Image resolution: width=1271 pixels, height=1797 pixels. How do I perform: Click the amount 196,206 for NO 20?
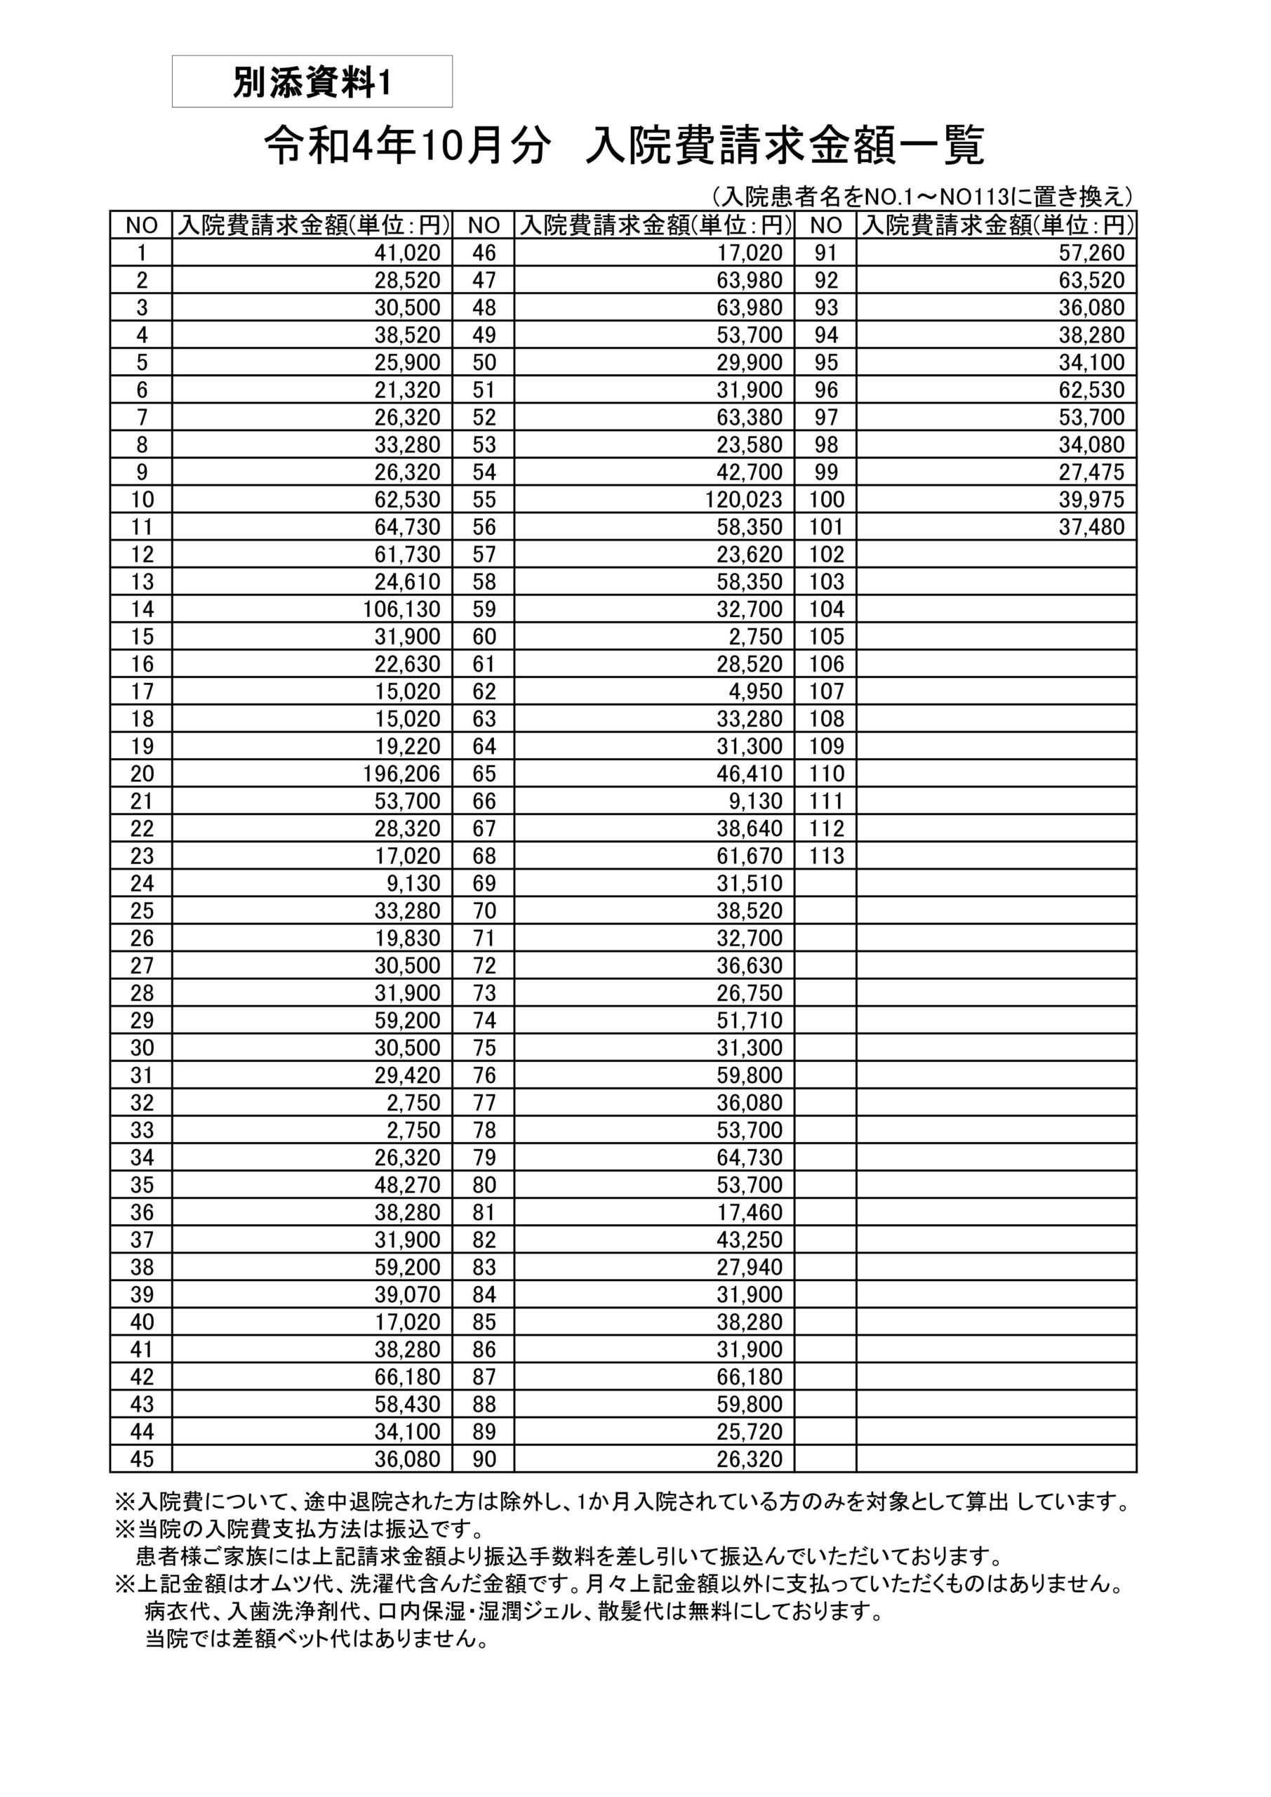(401, 774)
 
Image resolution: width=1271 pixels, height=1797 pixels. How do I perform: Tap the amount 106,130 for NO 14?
(401, 609)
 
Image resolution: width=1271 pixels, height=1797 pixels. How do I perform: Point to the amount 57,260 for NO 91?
(1091, 253)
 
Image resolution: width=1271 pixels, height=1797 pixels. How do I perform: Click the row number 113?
(827, 856)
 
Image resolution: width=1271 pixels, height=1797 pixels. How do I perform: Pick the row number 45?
(142, 1459)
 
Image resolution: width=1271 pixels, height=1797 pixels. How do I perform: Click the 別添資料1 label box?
(312, 81)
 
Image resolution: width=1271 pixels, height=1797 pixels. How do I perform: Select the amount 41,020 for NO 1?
(407, 253)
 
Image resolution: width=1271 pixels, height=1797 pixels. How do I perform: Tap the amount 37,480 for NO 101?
(1091, 526)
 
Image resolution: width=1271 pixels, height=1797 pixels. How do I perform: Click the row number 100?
(827, 499)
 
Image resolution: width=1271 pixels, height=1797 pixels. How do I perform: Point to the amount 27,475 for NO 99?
(1091, 472)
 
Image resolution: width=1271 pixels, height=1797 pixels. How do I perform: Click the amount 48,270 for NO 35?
(407, 1185)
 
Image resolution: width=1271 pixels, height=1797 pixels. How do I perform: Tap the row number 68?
(484, 856)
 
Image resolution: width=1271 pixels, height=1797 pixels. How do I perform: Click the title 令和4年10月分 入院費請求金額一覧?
(624, 147)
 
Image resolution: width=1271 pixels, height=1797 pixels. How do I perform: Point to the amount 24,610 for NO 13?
(407, 581)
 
